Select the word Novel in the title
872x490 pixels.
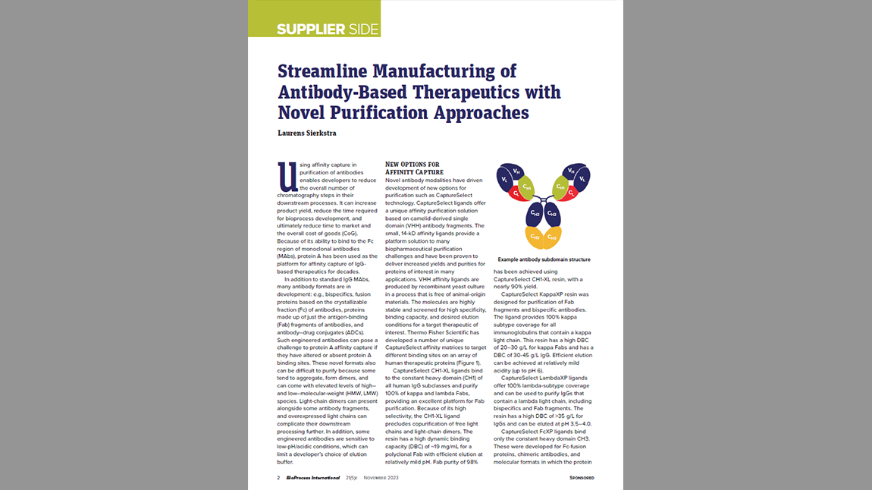[309, 113]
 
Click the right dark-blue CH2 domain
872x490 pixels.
[553, 215]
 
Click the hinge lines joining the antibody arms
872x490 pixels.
[543, 199]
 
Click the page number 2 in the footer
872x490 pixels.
[278, 478]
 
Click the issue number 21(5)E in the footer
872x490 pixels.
[353, 478]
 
